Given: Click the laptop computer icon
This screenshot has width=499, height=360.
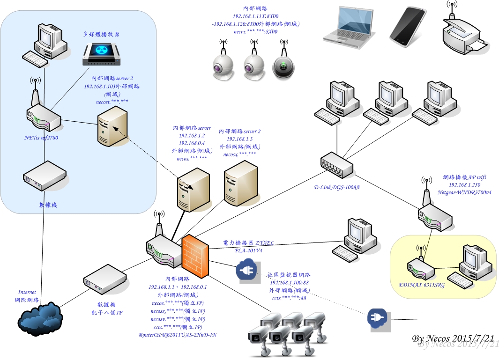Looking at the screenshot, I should [350, 27].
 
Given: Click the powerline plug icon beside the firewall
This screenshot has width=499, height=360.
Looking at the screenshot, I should [247, 271].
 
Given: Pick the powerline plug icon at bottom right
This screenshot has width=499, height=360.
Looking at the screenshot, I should [378, 320].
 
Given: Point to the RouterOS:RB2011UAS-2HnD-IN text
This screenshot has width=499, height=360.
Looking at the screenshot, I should [178, 335].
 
